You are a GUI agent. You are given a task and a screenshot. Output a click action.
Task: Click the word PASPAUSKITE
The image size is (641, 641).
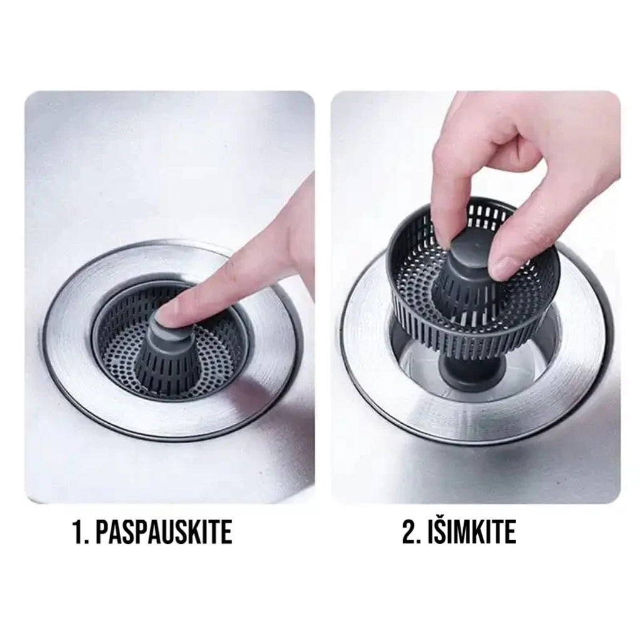163,531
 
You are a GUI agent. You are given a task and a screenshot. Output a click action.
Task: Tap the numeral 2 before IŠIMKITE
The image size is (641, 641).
410,531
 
